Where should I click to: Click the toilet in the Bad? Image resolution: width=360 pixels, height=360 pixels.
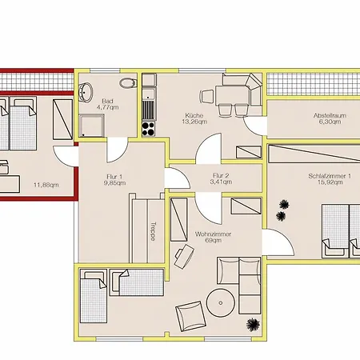(128, 83)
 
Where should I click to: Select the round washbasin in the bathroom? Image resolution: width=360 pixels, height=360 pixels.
(86, 93)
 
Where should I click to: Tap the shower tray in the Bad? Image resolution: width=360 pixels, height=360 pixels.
(91, 126)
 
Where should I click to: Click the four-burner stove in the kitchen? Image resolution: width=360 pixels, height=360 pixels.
(148, 129)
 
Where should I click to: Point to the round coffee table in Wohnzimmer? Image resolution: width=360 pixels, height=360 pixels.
(221, 303)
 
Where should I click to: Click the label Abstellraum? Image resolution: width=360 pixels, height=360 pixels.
(330, 115)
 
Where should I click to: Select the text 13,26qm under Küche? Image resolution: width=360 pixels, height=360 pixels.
(194, 122)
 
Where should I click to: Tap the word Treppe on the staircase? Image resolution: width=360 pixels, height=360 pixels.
(153, 231)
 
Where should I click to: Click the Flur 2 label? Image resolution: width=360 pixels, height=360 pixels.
(221, 175)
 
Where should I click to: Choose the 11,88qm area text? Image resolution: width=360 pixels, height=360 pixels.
(46, 185)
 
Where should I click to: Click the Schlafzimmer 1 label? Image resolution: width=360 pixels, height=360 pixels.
(330, 176)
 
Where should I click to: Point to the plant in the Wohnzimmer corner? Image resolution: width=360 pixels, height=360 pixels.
(253, 325)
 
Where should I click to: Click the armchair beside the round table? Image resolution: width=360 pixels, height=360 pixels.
(190, 316)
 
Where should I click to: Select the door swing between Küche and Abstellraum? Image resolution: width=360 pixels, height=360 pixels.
(254, 126)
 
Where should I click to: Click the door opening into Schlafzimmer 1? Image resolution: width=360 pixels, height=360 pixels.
(278, 242)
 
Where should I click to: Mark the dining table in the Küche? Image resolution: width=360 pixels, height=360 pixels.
(233, 94)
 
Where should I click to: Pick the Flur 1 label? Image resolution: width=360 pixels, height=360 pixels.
(114, 177)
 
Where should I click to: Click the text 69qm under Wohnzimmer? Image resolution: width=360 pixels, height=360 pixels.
(213, 240)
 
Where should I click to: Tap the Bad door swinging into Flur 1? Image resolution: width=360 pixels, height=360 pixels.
(118, 150)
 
